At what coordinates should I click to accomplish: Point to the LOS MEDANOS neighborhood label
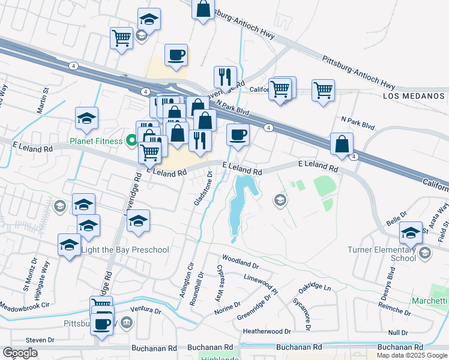[x=415, y=96]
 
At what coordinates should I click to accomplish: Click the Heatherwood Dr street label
[x=267, y=331]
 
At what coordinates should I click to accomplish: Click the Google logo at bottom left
[x=20, y=353]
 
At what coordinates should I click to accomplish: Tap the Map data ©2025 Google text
[x=412, y=355]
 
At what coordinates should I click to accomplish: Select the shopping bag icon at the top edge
[x=203, y=9]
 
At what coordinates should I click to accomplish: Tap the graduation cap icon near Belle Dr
[x=411, y=233]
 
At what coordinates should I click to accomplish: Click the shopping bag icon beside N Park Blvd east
[x=342, y=145]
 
